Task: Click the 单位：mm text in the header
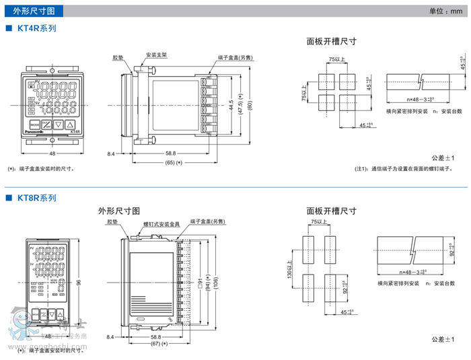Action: pos(447,11)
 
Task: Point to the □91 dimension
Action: pos(201,282)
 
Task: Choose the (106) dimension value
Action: pos(217,282)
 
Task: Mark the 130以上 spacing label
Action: pos(291,271)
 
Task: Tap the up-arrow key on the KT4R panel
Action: pos(70,124)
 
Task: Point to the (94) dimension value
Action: pos(209,282)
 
